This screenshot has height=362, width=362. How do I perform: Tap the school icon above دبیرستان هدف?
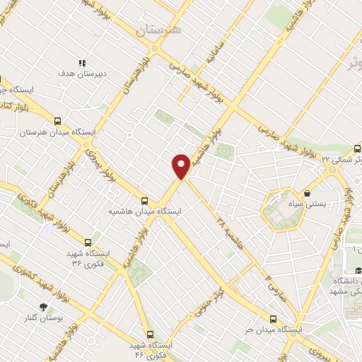point(82,62)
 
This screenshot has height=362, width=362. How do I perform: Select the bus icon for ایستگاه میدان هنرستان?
point(57,121)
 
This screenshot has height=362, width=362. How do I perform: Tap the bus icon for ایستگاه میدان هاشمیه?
point(145,200)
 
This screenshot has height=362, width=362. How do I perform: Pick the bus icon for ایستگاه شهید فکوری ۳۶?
point(88,242)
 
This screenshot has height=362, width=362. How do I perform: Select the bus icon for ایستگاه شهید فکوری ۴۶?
point(149,334)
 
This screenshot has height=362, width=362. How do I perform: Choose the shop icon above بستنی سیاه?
point(308,193)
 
